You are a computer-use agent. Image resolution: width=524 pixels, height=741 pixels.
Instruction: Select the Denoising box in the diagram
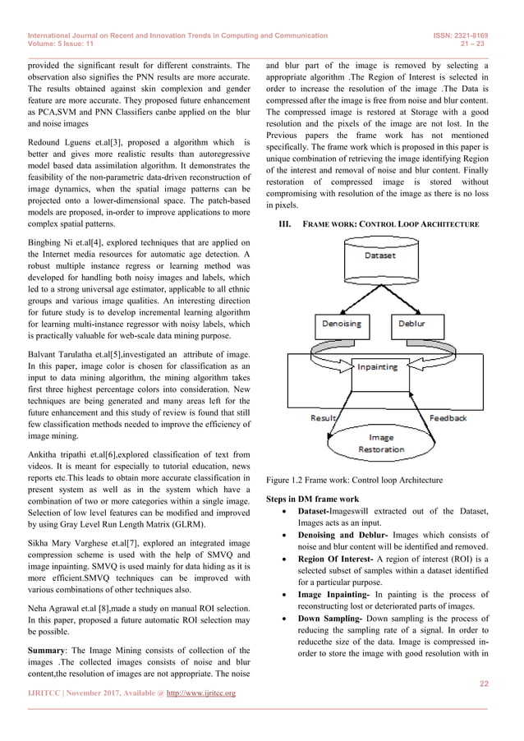339,324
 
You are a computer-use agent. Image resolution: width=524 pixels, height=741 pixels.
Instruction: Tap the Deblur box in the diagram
416,324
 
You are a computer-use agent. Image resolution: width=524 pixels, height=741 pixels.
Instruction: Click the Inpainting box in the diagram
377,368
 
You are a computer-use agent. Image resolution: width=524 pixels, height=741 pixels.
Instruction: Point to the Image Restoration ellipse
381,443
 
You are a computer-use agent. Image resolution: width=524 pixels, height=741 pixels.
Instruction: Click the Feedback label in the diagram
448,418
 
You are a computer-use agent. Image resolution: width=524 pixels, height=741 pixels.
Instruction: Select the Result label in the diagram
323,418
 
